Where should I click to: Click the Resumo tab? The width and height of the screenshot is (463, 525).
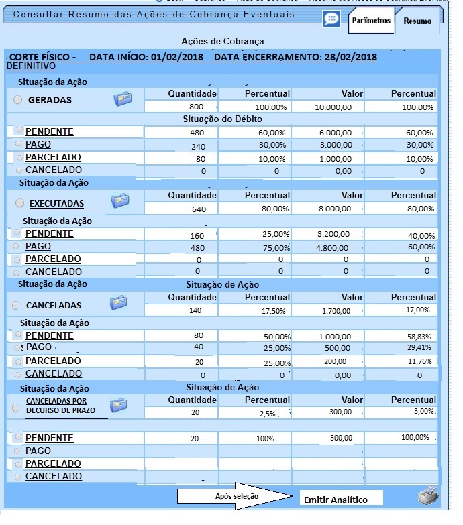[417, 21]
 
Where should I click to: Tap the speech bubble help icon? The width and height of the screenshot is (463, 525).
[331, 19]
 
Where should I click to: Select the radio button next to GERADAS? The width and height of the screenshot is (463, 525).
[18, 100]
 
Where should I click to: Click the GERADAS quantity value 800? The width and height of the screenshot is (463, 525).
[196, 107]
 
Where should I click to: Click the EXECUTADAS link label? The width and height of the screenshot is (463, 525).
[56, 202]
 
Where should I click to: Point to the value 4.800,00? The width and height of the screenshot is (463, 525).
[334, 247]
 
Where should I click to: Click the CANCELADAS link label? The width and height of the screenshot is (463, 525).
[54, 306]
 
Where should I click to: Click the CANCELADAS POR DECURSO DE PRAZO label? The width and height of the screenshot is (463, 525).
[60, 406]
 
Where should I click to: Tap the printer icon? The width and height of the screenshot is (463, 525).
[427, 497]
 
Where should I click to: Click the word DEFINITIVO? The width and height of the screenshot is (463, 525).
[31, 66]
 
